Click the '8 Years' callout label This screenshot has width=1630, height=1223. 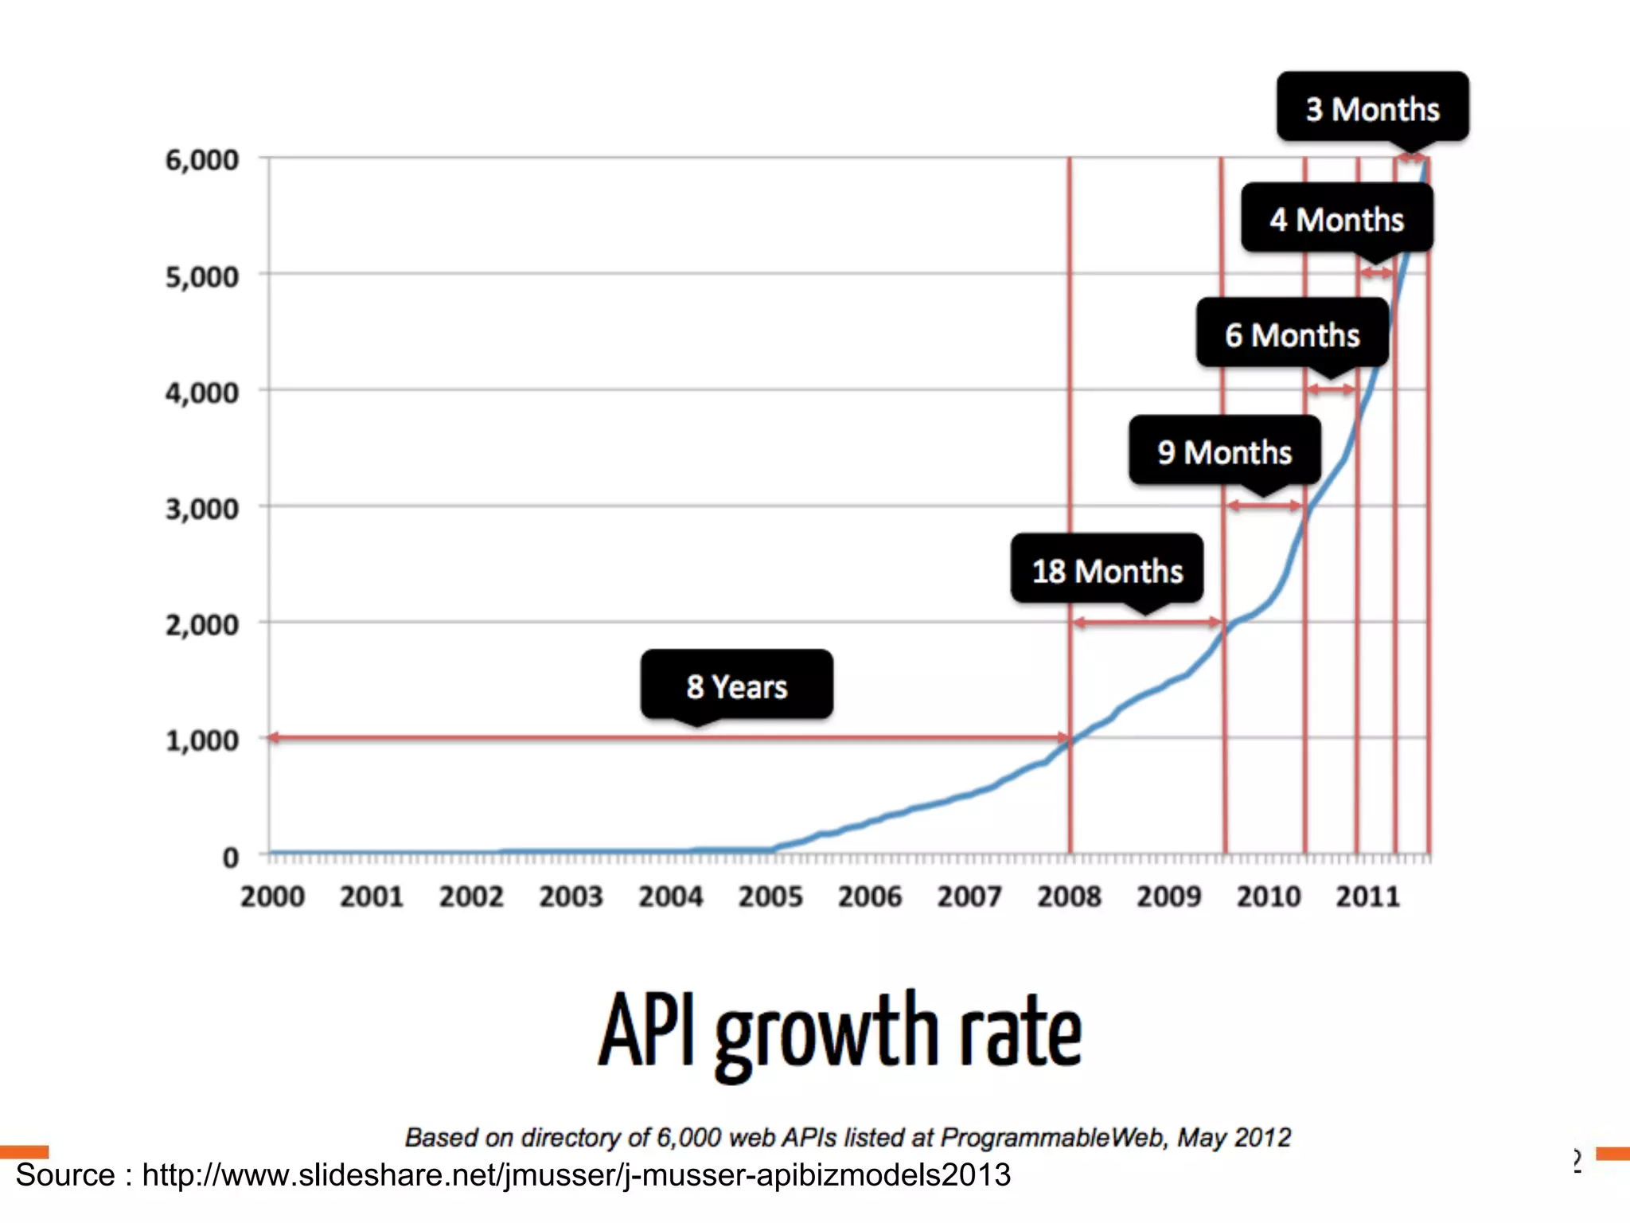[737, 686]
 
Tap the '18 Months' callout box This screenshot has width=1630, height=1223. [1107, 570]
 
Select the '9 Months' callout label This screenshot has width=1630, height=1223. [1225, 451]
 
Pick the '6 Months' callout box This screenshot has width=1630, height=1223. [1293, 334]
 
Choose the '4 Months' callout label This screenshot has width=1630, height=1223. [1337, 219]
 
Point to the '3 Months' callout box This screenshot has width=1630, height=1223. [1373, 108]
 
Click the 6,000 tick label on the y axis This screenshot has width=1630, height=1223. [202, 160]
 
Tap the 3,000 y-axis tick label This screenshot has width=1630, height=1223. [202, 508]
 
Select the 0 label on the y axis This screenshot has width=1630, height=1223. [230, 858]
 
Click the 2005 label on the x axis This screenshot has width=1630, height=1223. [770, 897]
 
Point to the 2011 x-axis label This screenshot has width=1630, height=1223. [1367, 897]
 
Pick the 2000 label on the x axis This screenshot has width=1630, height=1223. [272, 897]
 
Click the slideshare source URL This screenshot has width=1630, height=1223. [576, 1175]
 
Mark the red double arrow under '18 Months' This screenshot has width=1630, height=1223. [1146, 622]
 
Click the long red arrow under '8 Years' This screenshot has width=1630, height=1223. [669, 738]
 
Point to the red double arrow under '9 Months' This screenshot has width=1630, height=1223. [1265, 506]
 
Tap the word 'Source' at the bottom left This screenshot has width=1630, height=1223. [65, 1175]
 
